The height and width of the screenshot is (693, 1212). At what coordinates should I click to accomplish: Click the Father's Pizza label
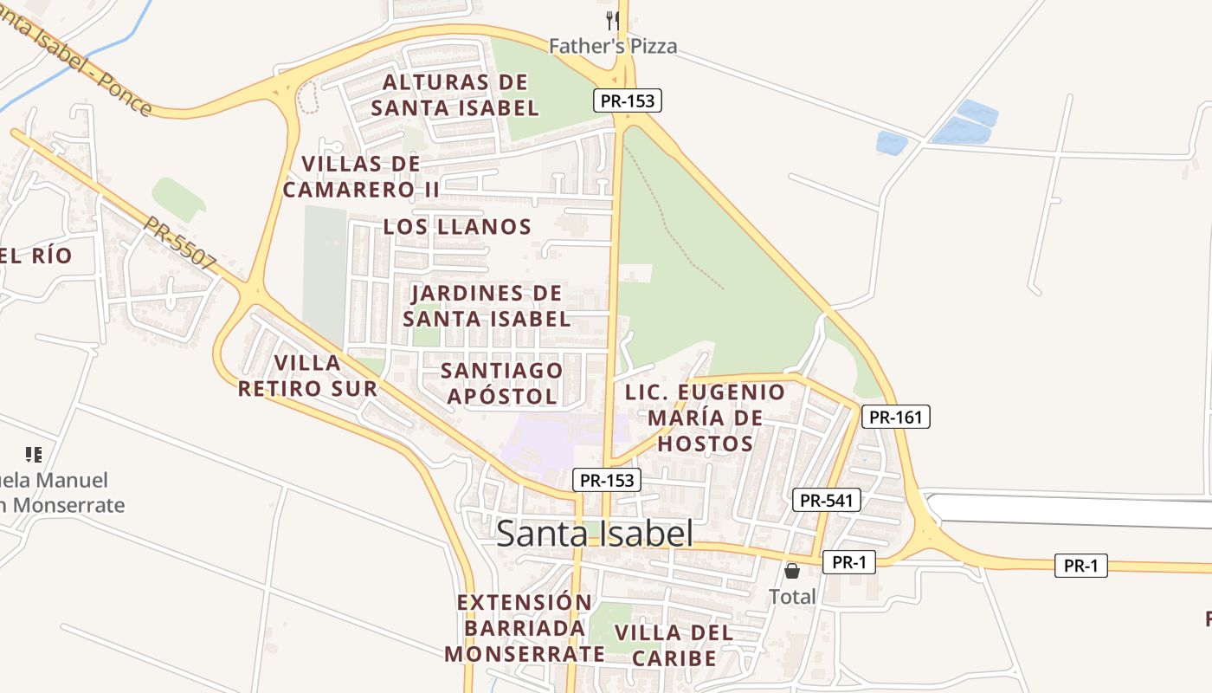(613, 46)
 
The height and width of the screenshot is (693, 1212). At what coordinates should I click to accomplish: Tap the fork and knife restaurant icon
(613, 20)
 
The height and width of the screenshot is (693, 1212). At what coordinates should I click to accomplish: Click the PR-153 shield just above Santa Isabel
(607, 480)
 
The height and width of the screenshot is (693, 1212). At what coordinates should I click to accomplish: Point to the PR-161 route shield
(896, 417)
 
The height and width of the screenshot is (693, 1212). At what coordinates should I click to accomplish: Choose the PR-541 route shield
(827, 500)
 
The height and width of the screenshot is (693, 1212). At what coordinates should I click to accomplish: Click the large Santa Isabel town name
(595, 534)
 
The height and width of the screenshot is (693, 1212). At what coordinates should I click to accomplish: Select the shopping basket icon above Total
(792, 570)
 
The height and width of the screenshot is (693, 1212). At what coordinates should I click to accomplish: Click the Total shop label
(792, 596)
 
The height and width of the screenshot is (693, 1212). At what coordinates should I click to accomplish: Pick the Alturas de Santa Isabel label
(455, 95)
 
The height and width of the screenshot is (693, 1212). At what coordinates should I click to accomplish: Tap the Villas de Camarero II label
(361, 176)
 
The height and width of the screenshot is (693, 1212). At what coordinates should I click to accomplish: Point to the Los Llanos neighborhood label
(457, 227)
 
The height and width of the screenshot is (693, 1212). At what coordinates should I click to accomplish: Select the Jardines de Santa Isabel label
(487, 306)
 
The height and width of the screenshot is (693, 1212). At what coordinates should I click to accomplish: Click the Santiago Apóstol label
(501, 383)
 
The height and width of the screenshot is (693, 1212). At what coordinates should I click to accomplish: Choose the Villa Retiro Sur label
(308, 375)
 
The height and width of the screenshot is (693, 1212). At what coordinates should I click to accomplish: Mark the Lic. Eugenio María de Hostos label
(705, 418)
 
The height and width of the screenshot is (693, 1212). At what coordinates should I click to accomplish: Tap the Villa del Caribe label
(674, 645)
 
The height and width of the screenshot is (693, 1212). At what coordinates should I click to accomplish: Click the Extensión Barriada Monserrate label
(525, 628)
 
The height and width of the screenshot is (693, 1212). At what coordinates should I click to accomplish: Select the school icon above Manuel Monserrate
(34, 454)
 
